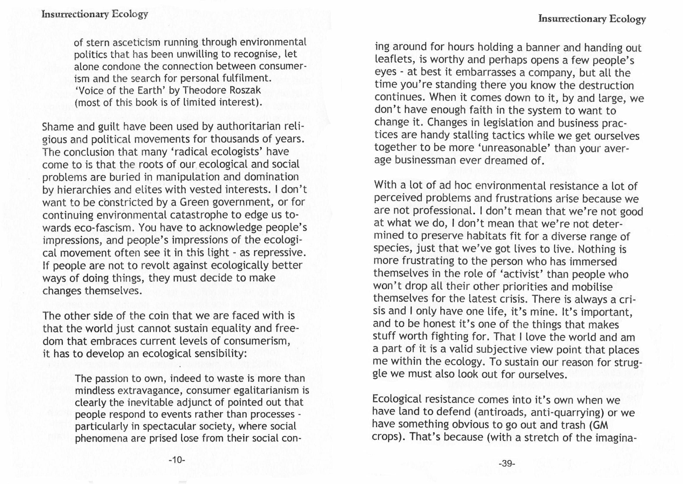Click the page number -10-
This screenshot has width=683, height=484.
pyautogui.click(x=177, y=460)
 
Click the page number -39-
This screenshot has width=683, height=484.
pyautogui.click(x=507, y=464)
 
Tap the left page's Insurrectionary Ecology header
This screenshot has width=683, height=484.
pyautogui.click(x=95, y=14)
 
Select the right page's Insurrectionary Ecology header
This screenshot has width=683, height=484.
pyautogui.click(x=592, y=19)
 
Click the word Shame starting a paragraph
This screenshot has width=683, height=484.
pyautogui.click(x=58, y=127)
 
